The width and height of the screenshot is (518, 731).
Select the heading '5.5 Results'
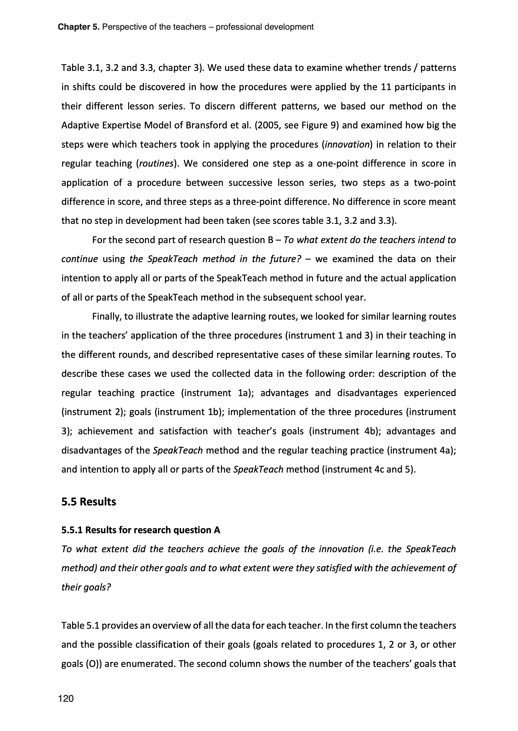(89, 502)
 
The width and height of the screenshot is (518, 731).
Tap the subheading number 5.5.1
(72, 530)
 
